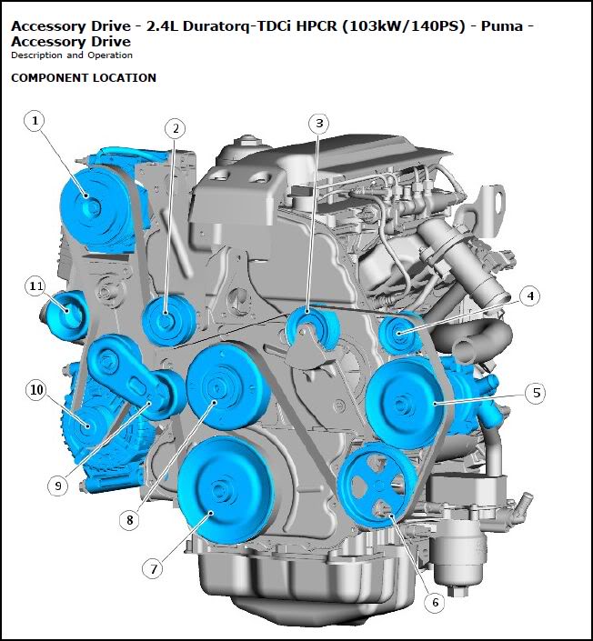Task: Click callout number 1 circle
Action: pos(35,121)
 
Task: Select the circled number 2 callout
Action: pos(175,129)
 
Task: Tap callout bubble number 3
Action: pos(319,124)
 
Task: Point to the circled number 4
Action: pos(529,296)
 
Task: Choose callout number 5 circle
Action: pos(536,394)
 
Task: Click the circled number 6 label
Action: pos(435,602)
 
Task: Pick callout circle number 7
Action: pos(153,568)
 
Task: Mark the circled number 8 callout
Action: pos(130,520)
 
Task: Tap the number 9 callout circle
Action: pos(57,486)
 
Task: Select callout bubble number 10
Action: pos(36,389)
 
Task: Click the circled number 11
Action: pos(35,286)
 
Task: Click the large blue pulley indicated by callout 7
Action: pos(225,490)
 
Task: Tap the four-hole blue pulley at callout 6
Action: pos(378,486)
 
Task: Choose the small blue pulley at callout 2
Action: pos(168,321)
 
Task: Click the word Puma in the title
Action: pos(502,26)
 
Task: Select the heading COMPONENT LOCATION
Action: pos(84,78)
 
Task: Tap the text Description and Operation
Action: pos(72,55)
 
